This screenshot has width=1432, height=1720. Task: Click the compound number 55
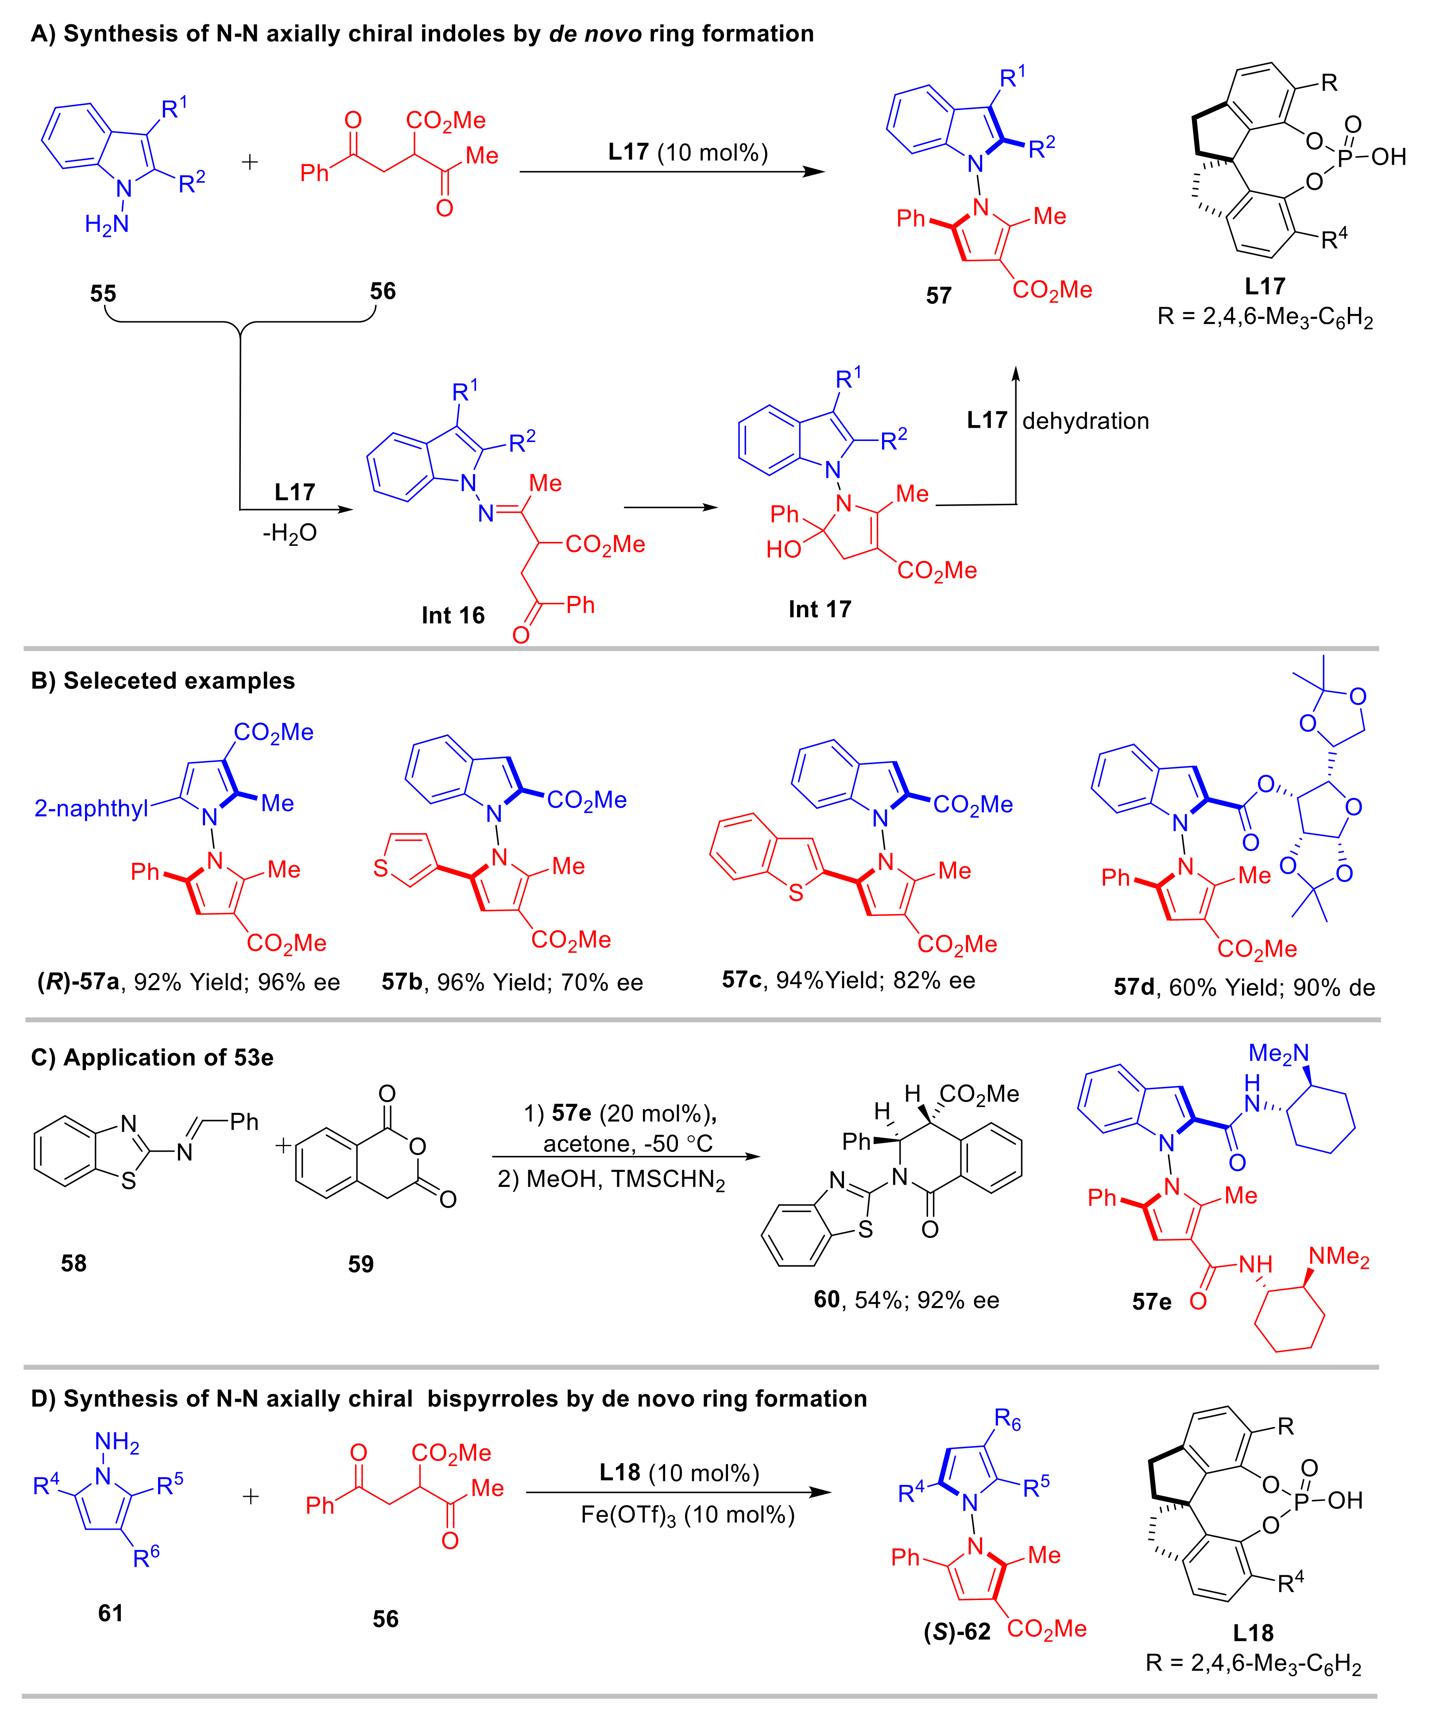coord(103,293)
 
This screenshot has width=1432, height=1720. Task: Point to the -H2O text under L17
coord(289,533)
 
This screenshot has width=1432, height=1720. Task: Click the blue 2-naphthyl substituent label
coord(91,808)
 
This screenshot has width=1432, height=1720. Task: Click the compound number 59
coord(360,1264)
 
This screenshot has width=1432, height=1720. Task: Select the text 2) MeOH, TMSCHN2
coord(611,1180)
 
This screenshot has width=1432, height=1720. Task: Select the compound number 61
coord(111,1613)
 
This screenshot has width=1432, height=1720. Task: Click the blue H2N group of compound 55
coord(107,224)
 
